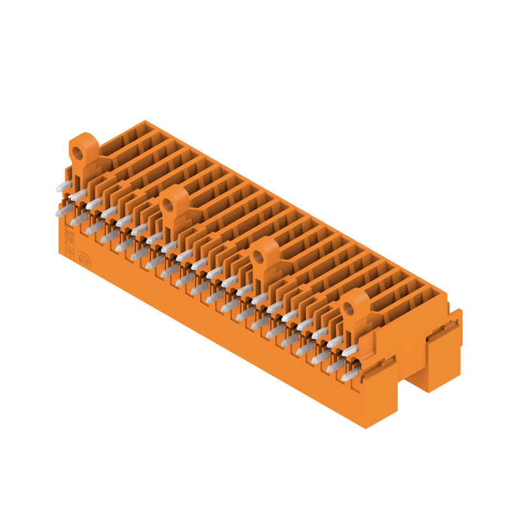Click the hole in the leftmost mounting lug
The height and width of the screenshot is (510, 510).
pos(78,153)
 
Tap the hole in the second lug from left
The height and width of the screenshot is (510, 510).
pos(168,205)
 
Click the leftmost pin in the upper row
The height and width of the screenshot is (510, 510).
pos(63,186)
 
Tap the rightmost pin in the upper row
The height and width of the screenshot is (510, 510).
pos(349,350)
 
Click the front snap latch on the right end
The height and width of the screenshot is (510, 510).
pos(379,368)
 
